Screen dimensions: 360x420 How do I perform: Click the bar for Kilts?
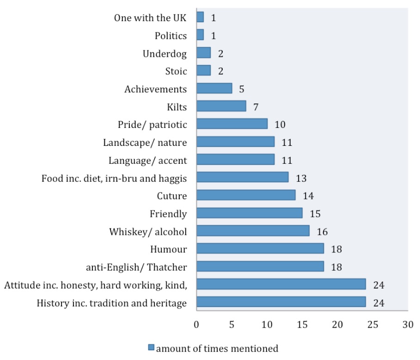(221, 107)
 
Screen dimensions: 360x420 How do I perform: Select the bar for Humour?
(260, 249)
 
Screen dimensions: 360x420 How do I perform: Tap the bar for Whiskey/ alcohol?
(253, 231)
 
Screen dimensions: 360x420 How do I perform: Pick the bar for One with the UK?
(200, 18)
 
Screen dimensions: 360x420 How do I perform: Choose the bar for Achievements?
(214, 89)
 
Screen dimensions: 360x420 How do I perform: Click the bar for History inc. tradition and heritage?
(281, 302)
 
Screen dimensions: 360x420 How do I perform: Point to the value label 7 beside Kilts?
(256, 107)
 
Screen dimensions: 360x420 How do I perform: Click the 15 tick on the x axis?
(302, 324)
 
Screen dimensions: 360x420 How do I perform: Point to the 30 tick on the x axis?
(408, 324)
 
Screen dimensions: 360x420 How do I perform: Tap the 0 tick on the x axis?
(196, 324)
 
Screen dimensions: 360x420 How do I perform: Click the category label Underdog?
(165, 54)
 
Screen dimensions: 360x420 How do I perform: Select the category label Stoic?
(176, 72)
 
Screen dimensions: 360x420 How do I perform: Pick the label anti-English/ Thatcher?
(136, 267)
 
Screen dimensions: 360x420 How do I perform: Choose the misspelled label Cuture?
(172, 196)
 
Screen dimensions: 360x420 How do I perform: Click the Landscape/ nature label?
(145, 143)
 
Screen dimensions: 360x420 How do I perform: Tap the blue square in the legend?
(152, 348)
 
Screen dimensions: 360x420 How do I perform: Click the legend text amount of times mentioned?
(217, 348)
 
